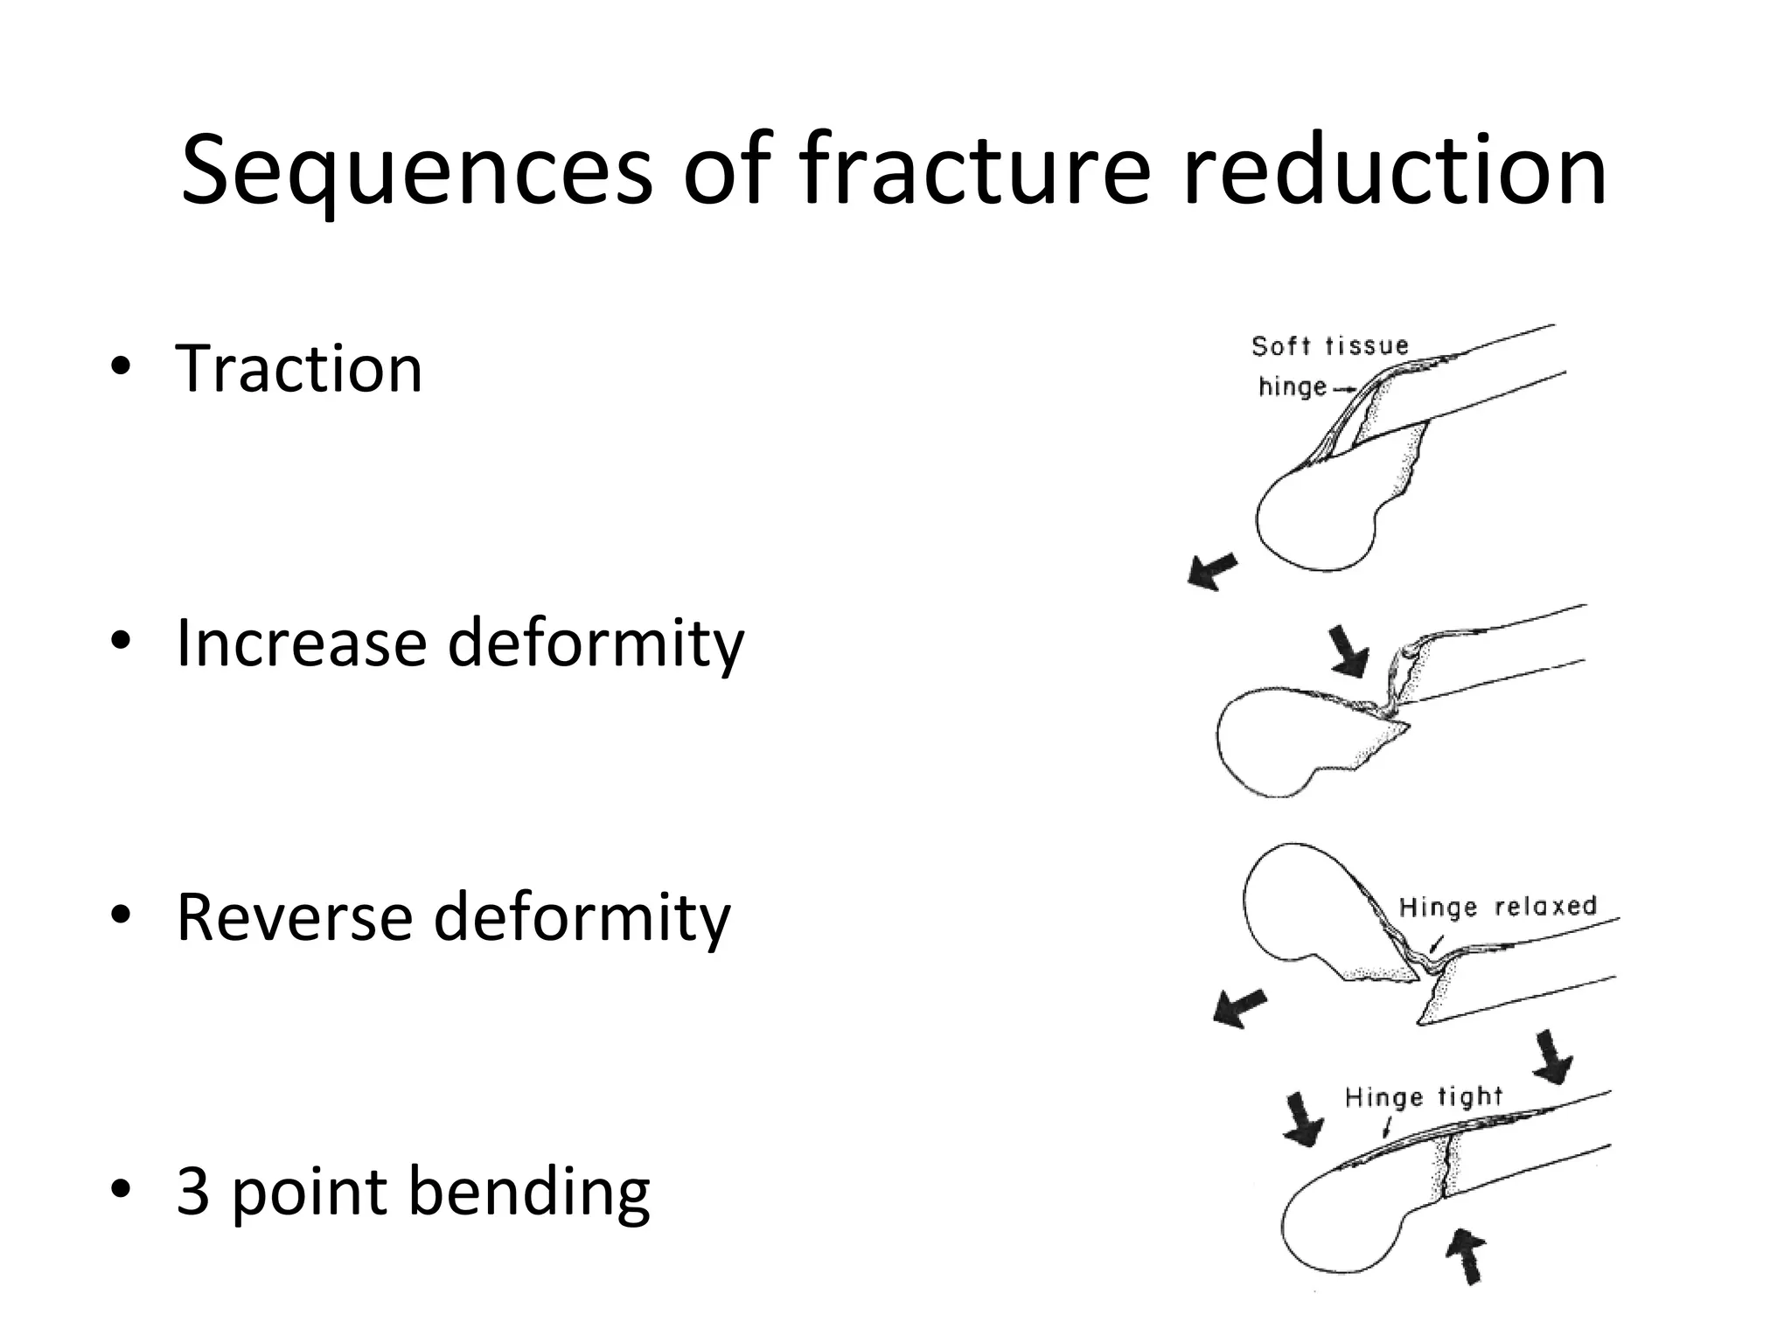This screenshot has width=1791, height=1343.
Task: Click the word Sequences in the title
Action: [x=416, y=170]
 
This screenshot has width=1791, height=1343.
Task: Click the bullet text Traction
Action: [x=299, y=368]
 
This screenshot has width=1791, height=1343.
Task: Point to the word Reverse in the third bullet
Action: [x=291, y=917]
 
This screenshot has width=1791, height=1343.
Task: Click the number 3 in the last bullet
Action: [x=192, y=1191]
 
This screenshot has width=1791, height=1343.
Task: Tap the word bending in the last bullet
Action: [x=529, y=1193]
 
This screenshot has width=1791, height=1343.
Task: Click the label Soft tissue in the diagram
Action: [x=1329, y=346]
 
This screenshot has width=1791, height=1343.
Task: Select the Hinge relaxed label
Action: [x=1497, y=907]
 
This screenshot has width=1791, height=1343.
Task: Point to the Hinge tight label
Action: [x=1423, y=1096]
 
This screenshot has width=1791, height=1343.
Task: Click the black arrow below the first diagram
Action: [x=1212, y=571]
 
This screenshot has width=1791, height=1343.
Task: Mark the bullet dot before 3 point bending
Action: [x=121, y=1191]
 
